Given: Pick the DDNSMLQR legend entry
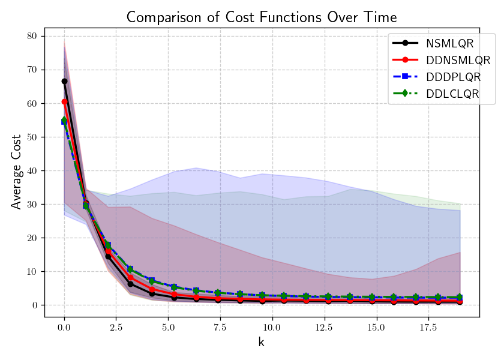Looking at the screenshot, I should point(458,60).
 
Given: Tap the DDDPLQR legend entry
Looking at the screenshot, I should point(454,77).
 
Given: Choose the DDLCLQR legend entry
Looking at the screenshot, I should point(453,94).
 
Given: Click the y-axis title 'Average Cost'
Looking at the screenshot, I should point(16,172).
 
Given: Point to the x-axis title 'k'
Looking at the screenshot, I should point(261,343).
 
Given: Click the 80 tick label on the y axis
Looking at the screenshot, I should point(31,36).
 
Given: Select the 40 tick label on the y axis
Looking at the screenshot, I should point(31,170).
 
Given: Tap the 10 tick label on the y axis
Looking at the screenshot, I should point(31,271).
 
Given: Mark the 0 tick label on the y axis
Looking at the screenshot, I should point(34,305).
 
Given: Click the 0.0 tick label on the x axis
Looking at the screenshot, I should point(64,329).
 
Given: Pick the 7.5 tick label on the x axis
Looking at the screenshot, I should point(220,329).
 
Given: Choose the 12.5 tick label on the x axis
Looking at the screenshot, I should point(324,329).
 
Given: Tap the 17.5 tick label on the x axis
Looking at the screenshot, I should point(428,329).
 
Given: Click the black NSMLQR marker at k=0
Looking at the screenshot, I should point(64,81).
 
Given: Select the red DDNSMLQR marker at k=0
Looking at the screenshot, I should point(64,101).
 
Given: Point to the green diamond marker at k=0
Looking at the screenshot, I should point(64,121).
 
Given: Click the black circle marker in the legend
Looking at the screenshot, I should point(406,43).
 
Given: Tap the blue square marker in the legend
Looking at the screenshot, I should point(406,77).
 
